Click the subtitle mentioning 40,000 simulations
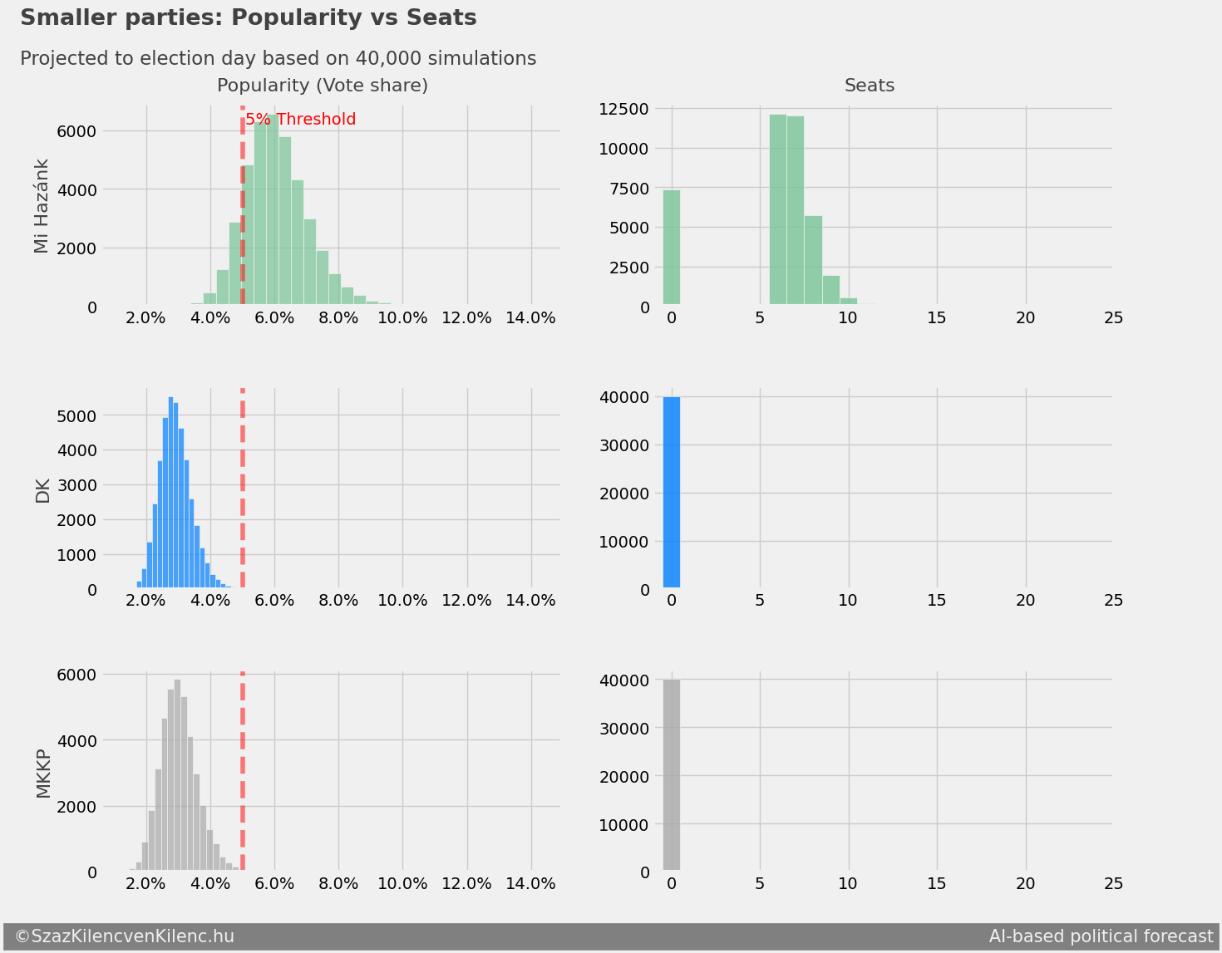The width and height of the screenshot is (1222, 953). (278, 59)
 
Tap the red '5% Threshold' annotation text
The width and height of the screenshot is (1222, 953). (300, 120)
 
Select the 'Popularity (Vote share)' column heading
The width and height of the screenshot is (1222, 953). (322, 86)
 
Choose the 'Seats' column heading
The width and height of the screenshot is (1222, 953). (870, 86)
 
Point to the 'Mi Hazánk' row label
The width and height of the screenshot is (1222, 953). (42, 206)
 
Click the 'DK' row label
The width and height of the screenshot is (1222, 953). (42, 491)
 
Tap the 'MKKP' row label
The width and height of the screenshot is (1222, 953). (42, 774)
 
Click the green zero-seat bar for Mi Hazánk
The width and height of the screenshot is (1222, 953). (671, 248)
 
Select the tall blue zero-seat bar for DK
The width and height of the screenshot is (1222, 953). (671, 494)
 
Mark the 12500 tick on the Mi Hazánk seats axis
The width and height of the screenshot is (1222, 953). (623, 109)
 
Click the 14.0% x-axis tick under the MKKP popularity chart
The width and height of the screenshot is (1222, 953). (530, 884)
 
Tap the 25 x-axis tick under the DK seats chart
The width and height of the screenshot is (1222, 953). (1113, 602)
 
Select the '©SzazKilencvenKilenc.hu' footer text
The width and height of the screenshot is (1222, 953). (125, 936)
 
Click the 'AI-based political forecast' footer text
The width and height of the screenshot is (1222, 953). (1101, 936)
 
